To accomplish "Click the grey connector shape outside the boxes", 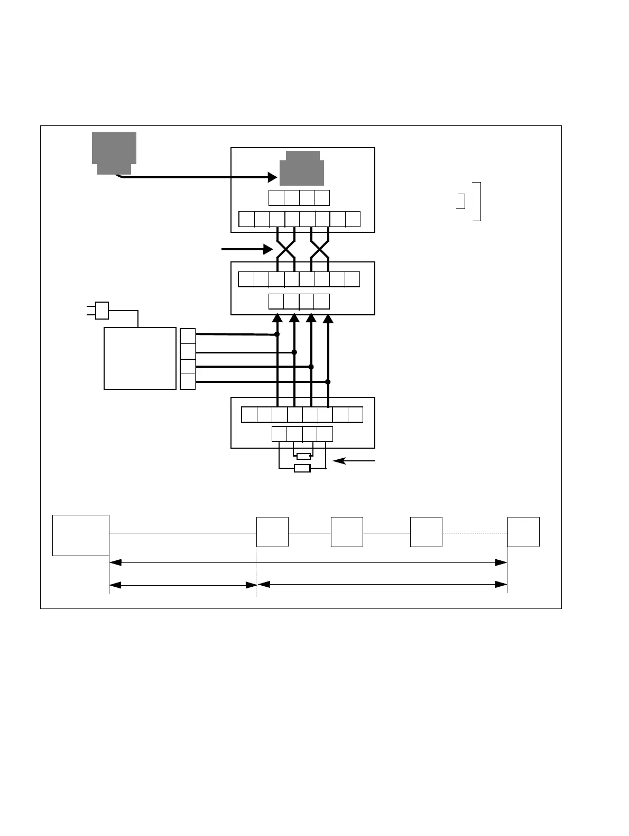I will pos(114,151).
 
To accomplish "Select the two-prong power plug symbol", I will pos(100,311).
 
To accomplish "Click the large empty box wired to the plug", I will pos(140,358).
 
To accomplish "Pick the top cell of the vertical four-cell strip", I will pos(188,336).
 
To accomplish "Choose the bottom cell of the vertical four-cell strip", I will pos(188,381).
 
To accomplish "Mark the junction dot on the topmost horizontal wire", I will pos(277,334).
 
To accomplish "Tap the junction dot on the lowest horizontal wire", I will pos(328,381).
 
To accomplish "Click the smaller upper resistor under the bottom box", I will pos(303,456).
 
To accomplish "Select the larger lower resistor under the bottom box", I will pos(302,468).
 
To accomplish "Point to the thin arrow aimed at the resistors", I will pos(354,461).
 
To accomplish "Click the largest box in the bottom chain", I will pos(81,535).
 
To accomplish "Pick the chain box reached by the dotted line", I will pos(523,532).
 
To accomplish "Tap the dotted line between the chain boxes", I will pos(475,533).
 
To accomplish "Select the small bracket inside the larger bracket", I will pos(462,202).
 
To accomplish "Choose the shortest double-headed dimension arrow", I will pos(183,585).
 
